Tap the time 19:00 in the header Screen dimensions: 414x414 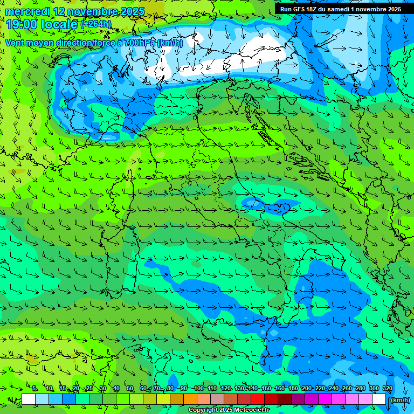tap(22, 24)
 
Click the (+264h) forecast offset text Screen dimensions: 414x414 tap(96, 24)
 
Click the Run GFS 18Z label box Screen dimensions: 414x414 tap(340, 9)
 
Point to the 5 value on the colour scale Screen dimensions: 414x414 tap(34, 388)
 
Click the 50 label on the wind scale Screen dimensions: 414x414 tap(130, 388)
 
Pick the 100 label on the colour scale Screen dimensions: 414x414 tap(198, 388)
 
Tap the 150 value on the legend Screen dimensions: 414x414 tap(266, 388)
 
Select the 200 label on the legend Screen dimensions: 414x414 tap(307, 388)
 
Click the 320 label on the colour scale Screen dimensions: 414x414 tap(388, 388)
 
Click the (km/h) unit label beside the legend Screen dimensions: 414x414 tap(401, 400)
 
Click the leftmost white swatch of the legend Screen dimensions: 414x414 tap(29, 399)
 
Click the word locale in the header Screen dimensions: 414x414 tap(59, 24)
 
